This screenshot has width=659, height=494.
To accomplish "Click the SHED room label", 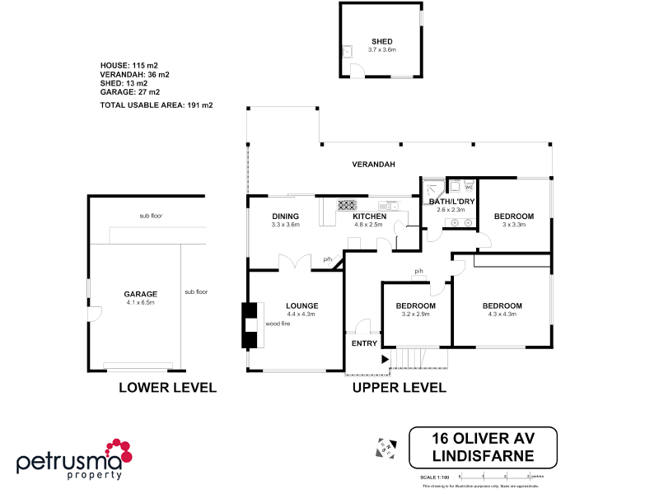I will (381, 41).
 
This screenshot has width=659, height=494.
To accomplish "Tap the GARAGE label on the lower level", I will (140, 294).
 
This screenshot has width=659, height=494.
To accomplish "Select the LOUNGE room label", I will (302, 305).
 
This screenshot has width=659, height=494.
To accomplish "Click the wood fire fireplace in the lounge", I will (249, 324).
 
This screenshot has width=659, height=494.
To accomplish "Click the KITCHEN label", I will (368, 216).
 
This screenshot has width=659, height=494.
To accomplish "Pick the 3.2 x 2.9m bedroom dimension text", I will (415, 315).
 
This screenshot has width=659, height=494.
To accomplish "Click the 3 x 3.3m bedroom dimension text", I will (513, 225).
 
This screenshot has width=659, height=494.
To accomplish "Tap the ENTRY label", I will (364, 343).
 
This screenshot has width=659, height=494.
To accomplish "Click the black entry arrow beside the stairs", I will (384, 358).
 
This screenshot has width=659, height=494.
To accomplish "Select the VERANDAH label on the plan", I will (374, 165).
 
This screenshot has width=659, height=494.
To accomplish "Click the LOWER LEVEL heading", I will (167, 387).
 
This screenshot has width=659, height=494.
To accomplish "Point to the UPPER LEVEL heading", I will (400, 387).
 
